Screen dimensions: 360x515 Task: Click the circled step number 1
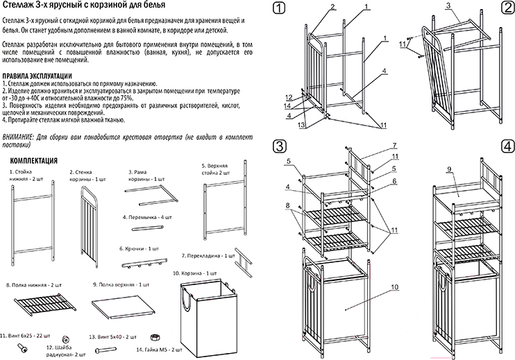coord(278,10)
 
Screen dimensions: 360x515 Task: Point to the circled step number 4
coord(505,146)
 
